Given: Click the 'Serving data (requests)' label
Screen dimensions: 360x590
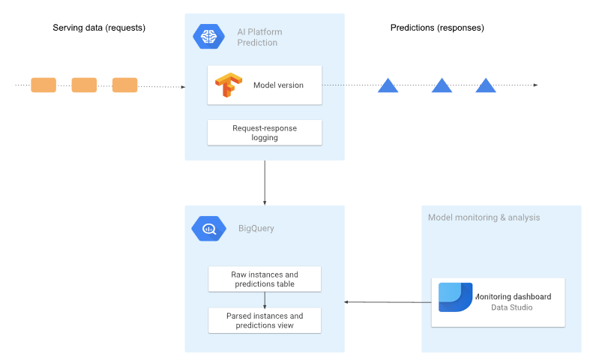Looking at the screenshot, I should pos(99,28).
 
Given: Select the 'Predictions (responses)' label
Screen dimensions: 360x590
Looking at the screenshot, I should pos(437,28).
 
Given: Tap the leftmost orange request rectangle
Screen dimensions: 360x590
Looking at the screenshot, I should pos(43,85).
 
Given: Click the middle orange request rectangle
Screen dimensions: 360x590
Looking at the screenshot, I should pos(84,85).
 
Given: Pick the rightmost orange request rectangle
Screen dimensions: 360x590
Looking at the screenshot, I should pos(125,85).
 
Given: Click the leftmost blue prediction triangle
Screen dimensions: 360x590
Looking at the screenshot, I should pos(388,85).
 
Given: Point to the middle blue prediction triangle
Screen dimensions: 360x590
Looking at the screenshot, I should pos(442,85).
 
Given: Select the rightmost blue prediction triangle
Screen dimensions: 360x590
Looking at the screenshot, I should pos(486,85).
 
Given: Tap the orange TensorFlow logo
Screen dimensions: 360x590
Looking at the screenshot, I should pos(227,85).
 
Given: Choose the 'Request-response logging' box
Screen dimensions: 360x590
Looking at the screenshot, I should pos(265,133).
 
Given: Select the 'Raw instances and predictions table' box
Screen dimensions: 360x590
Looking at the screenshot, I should pos(265,279).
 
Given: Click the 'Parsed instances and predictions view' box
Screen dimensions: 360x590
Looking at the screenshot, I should pos(265,320).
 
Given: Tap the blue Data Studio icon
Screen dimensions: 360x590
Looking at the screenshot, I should pos(455,297).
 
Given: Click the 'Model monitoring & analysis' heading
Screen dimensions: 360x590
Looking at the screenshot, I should pos(484,217).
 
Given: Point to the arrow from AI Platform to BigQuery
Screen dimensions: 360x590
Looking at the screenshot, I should pos(265,182).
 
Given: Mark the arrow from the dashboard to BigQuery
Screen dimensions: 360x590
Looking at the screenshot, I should pos(388,302).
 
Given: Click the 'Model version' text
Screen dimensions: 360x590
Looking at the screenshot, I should pos(278,85).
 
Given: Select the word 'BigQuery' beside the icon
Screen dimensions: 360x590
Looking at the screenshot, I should pos(256,228).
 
